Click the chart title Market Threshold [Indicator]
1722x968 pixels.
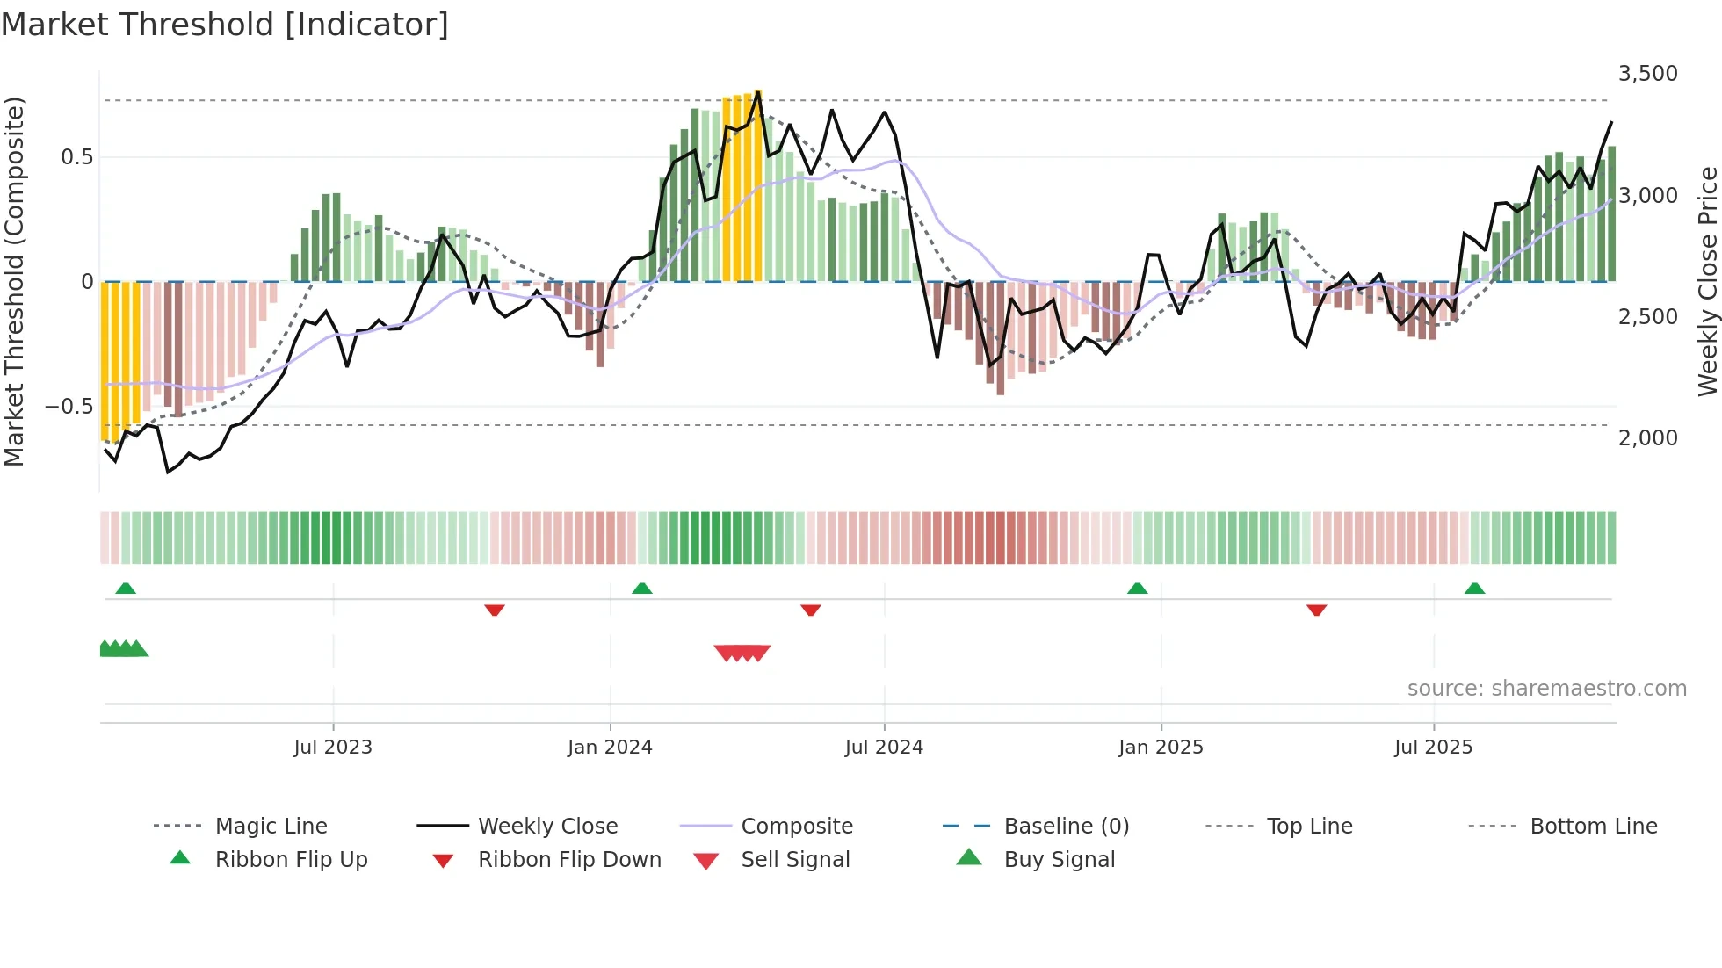(225, 25)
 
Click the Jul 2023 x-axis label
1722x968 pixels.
(333, 748)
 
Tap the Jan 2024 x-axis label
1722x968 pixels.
(610, 748)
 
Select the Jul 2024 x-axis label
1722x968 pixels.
(884, 748)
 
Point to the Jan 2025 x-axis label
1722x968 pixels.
(1161, 748)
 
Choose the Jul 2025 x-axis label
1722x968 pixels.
(1433, 748)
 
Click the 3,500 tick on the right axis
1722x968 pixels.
(1647, 74)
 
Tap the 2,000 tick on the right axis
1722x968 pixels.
(1647, 437)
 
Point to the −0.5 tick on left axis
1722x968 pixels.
(69, 407)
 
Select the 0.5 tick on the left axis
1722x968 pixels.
(76, 157)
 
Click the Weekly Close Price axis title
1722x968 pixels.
(1707, 281)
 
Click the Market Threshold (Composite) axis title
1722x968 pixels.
(14, 281)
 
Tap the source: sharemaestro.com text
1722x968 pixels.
(1546, 689)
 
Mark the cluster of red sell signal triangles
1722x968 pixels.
(742, 653)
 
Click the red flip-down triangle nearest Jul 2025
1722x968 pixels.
(1316, 610)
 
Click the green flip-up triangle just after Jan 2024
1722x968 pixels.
(642, 589)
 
